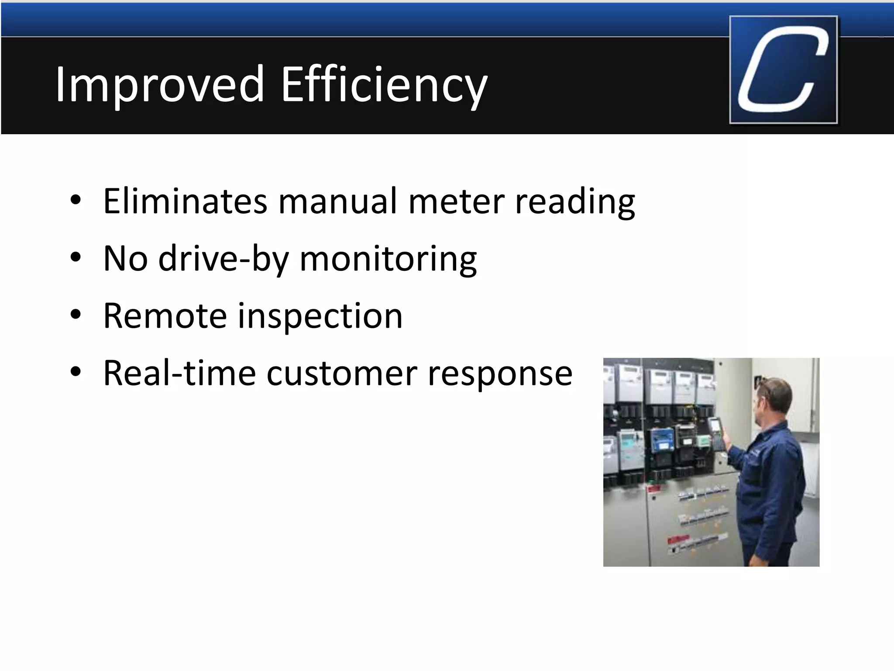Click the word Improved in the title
(x=159, y=84)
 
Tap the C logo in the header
(x=783, y=70)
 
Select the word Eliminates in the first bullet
(x=185, y=201)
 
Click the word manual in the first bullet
(x=338, y=201)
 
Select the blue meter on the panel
(x=661, y=441)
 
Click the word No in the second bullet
(x=125, y=259)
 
